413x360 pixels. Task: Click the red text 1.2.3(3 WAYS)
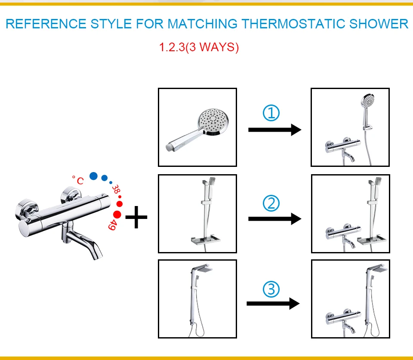point(199,47)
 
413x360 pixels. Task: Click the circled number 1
point(271,114)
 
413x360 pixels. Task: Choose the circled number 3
point(271,289)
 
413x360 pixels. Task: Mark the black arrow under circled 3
point(273,304)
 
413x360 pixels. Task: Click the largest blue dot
point(93,176)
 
